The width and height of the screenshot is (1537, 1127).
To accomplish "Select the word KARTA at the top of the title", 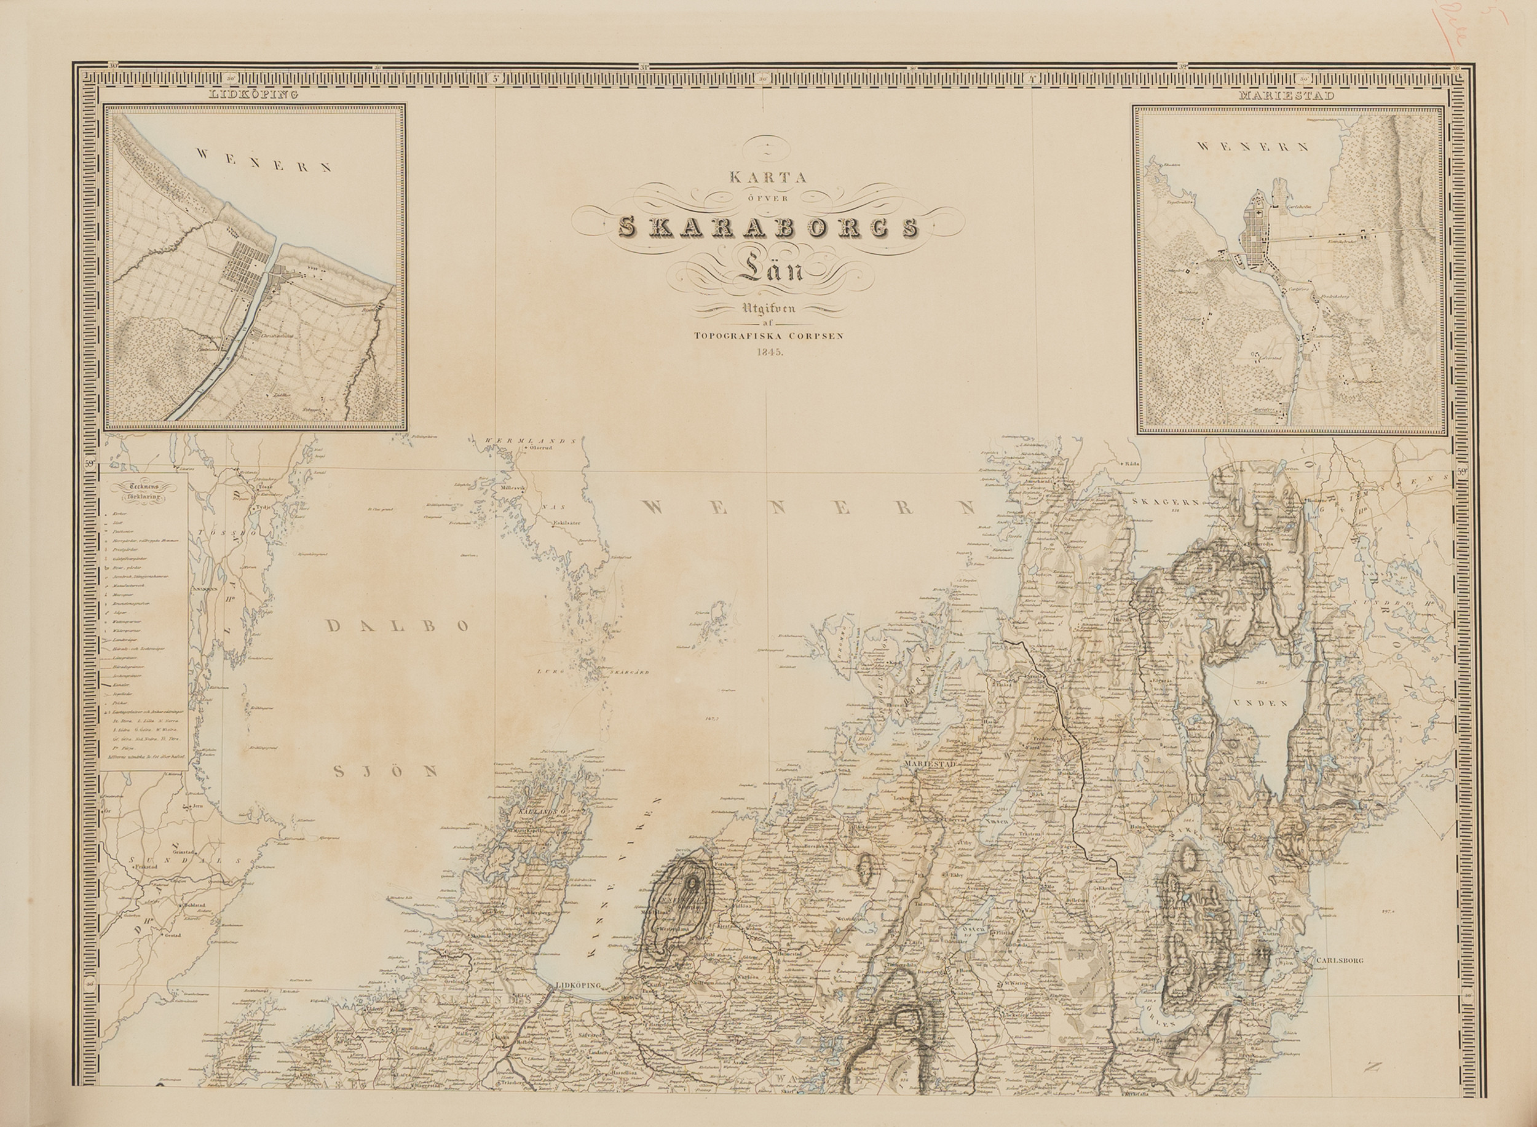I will pyautogui.click(x=768, y=177).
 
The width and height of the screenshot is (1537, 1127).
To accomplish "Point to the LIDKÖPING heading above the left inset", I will pyautogui.click(x=255, y=95).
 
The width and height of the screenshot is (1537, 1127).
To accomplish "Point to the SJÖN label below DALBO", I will pyautogui.click(x=385, y=772).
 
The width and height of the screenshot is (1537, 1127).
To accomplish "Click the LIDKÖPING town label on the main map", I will pyautogui.click(x=578, y=985).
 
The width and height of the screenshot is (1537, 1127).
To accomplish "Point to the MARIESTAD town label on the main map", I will pyautogui.click(x=928, y=764).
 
